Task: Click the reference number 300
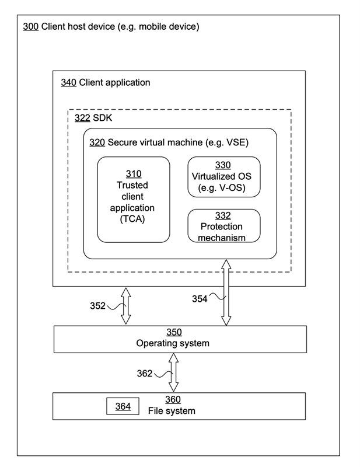(31, 26)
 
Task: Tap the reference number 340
(68, 82)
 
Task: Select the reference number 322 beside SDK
(82, 118)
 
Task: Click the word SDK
(103, 118)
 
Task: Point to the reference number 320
(97, 142)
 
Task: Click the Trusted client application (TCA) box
(134, 200)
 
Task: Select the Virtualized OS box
(224, 177)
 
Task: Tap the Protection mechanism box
(224, 226)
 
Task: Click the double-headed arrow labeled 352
(126, 306)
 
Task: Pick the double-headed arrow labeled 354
(226, 292)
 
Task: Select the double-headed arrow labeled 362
(173, 372)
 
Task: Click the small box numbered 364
(123, 406)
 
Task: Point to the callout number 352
(97, 306)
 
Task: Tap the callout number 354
(200, 299)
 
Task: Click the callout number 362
(145, 374)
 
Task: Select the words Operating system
(173, 343)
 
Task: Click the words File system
(172, 411)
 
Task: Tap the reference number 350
(174, 332)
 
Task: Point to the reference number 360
(173, 399)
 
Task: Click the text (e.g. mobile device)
(159, 26)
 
